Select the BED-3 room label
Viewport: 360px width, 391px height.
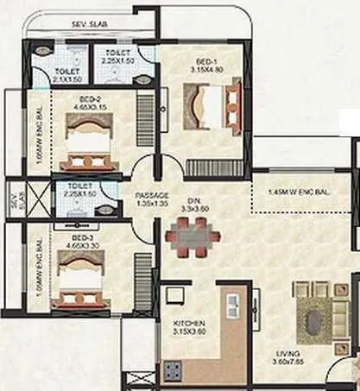point(82,236)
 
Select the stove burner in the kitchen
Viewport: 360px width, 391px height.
point(174,372)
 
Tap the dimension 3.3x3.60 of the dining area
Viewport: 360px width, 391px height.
point(176,208)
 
